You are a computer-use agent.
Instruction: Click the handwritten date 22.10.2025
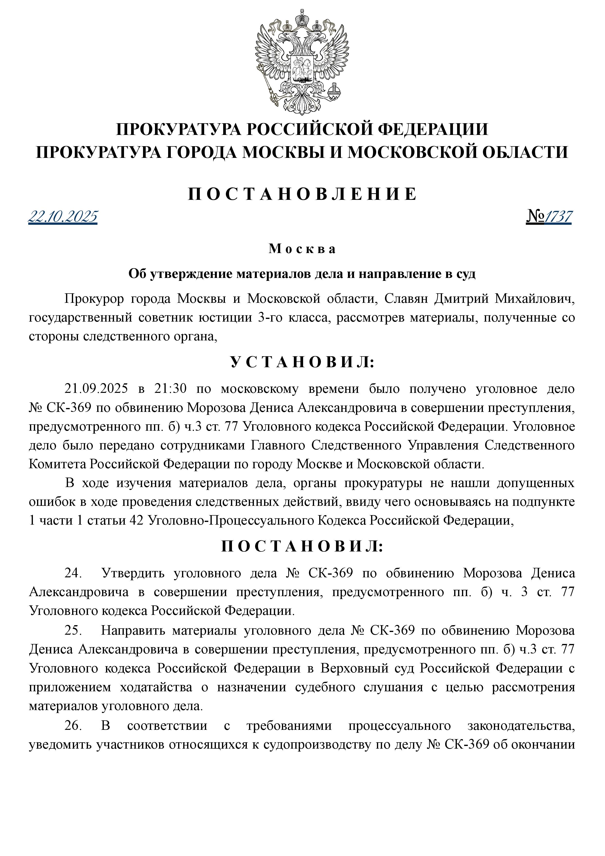(63, 216)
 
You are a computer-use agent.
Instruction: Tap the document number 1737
(558, 216)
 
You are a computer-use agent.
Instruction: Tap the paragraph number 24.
(73, 573)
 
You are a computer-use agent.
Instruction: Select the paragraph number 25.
(73, 630)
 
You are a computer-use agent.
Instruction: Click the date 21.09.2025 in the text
(96, 389)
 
